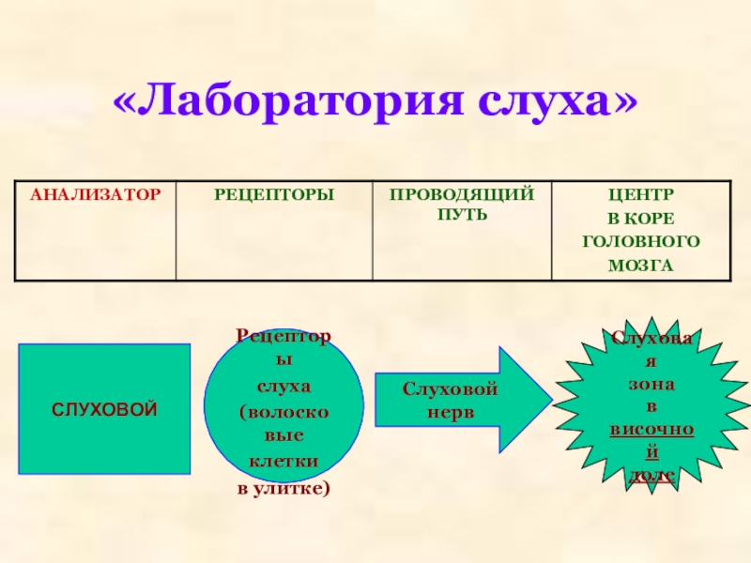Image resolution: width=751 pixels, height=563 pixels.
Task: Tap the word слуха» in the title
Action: (x=556, y=102)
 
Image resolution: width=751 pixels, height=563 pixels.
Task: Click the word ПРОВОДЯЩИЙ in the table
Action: (x=463, y=193)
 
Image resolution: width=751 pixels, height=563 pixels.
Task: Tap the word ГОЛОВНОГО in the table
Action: (x=641, y=241)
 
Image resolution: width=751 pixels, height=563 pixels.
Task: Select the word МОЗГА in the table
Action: (x=641, y=265)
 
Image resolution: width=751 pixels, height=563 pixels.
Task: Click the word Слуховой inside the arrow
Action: (x=451, y=389)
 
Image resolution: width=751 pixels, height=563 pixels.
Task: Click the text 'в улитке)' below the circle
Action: (x=284, y=489)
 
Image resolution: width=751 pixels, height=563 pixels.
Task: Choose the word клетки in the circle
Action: (x=284, y=463)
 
